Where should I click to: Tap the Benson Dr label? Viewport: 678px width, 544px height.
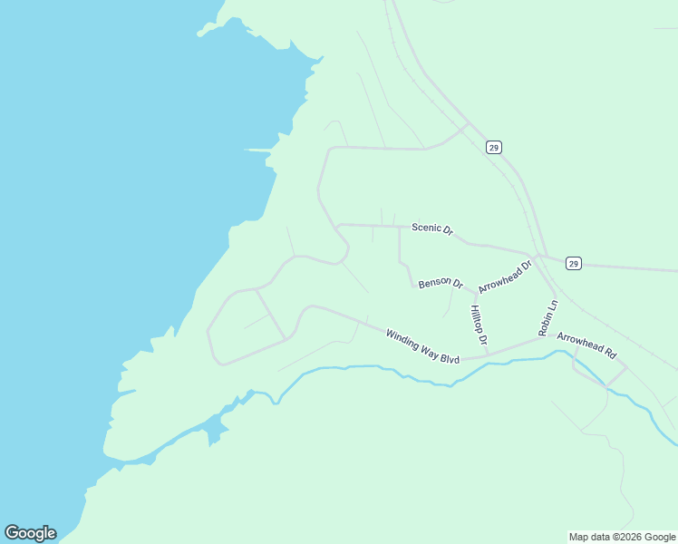(441, 284)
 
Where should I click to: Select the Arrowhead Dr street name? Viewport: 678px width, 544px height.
(505, 277)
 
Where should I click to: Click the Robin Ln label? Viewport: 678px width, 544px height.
(547, 317)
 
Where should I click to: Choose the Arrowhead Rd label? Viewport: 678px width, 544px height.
(586, 345)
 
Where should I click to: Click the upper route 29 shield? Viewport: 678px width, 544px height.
(493, 147)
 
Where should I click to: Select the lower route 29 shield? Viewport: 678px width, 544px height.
(573, 263)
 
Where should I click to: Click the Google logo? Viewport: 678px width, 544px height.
(30, 533)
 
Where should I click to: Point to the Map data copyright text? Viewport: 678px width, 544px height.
(621, 537)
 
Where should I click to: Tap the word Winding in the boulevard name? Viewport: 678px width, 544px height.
(402, 339)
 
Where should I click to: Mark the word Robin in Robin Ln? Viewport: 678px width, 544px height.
(546, 324)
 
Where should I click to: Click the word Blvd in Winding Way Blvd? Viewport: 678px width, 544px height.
(450, 358)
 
